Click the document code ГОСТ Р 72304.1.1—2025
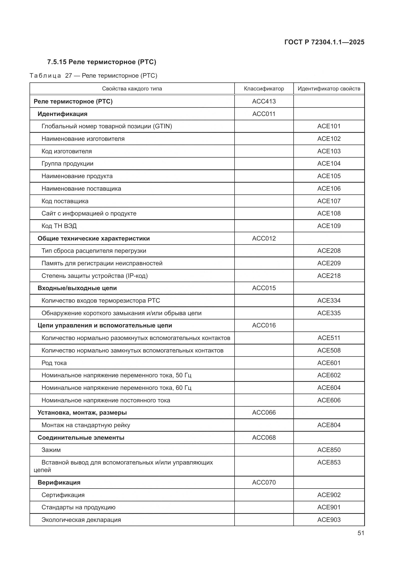(x=324, y=42)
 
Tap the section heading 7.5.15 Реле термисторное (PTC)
(x=101, y=62)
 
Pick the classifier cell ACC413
(x=264, y=101)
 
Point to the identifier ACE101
(x=329, y=126)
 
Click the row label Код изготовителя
(x=67, y=151)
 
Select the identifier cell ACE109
(x=329, y=226)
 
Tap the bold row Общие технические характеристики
(x=94, y=238)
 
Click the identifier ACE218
(x=329, y=276)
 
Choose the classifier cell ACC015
(x=264, y=288)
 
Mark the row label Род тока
(x=54, y=363)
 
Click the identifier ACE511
(x=329, y=338)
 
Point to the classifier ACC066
(x=264, y=412)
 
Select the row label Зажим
(x=51, y=450)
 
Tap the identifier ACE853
(x=329, y=462)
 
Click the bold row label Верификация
(x=59, y=482)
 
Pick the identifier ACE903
(x=329, y=520)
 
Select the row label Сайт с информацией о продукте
(x=89, y=213)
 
